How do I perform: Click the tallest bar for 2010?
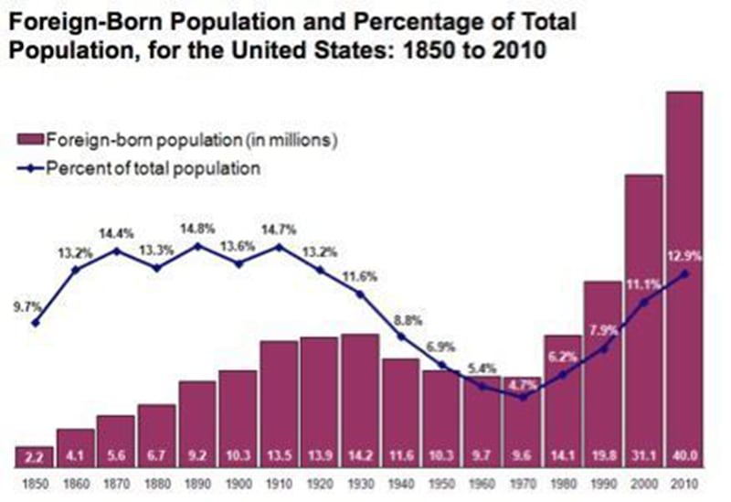685,274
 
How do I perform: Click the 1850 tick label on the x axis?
36,482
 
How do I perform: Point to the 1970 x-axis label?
524,482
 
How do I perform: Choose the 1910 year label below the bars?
280,482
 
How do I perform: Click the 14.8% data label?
197,229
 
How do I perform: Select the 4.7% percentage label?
523,384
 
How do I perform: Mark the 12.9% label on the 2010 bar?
684,258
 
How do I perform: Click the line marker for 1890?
197,245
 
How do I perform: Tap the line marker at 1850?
36,322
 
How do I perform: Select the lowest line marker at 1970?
524,397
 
